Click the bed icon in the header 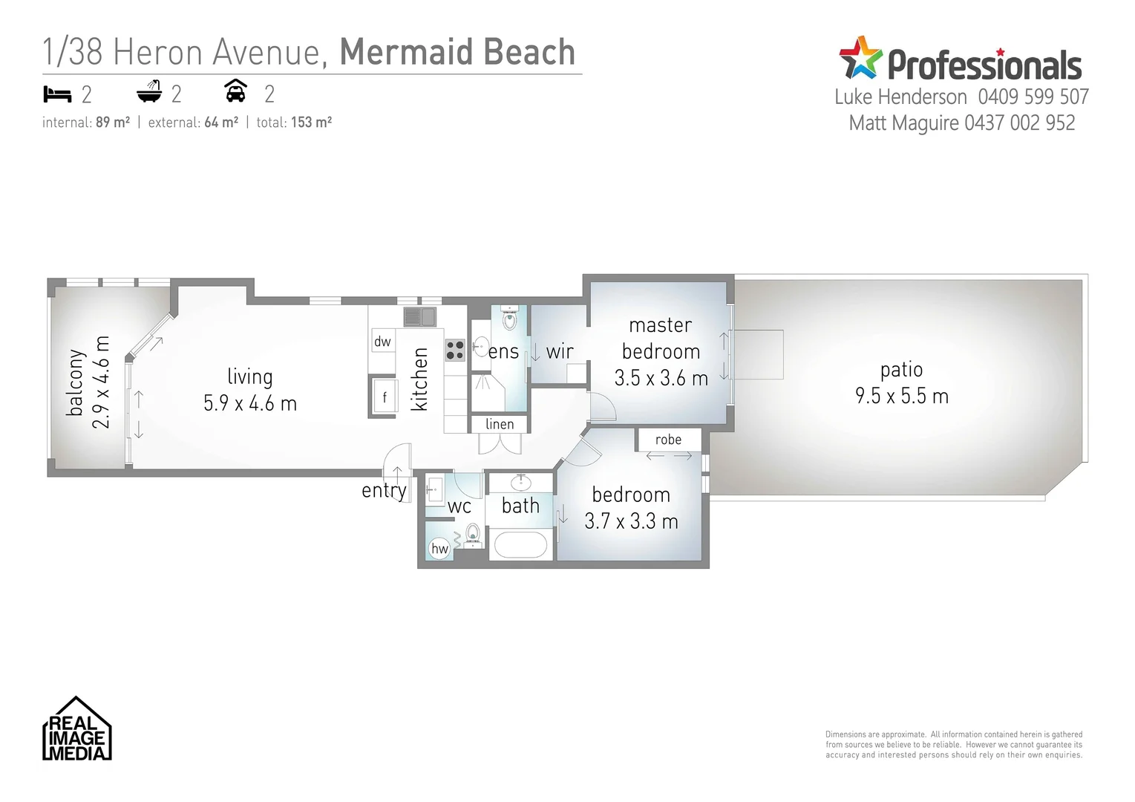click(x=57, y=94)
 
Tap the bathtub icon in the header click(x=149, y=92)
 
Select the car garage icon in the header click(x=235, y=91)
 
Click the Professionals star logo click(x=860, y=58)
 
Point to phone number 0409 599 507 click(x=1033, y=97)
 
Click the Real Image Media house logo click(x=76, y=728)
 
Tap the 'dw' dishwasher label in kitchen click(x=382, y=342)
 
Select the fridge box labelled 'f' click(x=385, y=397)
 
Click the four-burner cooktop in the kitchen click(x=455, y=350)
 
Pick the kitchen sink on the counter click(x=420, y=317)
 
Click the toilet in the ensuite click(x=509, y=319)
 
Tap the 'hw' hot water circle click(x=439, y=549)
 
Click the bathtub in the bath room click(x=520, y=545)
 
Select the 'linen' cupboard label click(x=500, y=424)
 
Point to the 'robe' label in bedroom click(x=668, y=440)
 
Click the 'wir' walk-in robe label click(x=560, y=352)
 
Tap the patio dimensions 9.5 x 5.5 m click(x=901, y=397)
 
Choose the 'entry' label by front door click(x=384, y=490)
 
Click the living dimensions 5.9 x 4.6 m click(x=250, y=404)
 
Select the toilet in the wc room click(x=473, y=534)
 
